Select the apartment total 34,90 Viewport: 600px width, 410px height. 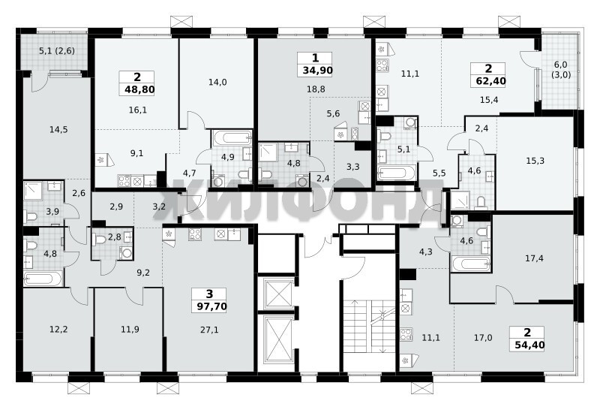click(x=317, y=71)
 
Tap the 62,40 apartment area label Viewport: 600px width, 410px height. click(x=490, y=81)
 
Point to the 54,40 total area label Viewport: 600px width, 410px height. click(x=529, y=345)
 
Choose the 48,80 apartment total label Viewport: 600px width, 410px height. click(x=139, y=89)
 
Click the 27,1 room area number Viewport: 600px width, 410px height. click(x=209, y=330)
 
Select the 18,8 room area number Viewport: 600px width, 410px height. click(x=316, y=89)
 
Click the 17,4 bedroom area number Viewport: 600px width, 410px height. click(x=534, y=258)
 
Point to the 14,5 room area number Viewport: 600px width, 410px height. click(x=58, y=129)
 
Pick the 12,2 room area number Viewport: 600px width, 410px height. click(x=58, y=329)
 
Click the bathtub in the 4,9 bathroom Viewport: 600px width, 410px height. click(x=232, y=138)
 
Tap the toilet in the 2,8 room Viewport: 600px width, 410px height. click(x=100, y=240)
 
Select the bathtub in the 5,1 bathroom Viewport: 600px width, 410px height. click(x=396, y=173)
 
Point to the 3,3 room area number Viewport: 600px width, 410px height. click(x=352, y=167)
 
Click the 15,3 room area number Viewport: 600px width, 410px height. click(x=535, y=161)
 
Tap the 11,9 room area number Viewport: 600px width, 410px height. click(x=130, y=329)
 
